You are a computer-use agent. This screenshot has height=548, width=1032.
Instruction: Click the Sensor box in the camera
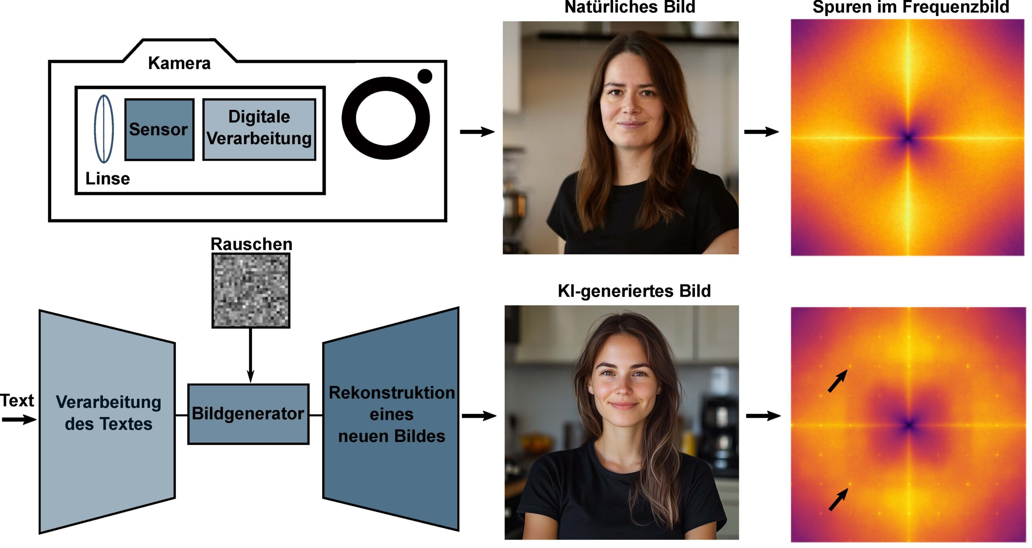pos(159,129)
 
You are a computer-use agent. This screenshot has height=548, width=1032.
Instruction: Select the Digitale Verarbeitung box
pos(259,129)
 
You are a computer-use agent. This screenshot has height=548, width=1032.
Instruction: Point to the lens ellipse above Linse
pos(104,129)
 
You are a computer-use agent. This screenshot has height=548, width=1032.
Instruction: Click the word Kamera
pos(179,63)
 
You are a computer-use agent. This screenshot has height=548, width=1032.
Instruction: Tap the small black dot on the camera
pos(424,76)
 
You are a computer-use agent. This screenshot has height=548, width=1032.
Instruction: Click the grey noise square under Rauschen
pos(251,290)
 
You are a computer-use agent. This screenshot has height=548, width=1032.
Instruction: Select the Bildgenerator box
pos(248,414)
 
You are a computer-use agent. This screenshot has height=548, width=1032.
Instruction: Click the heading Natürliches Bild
pos(630,7)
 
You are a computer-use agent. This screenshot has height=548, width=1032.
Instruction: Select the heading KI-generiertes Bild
pos(634,291)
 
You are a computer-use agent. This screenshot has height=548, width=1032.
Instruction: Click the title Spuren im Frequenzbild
pos(911,7)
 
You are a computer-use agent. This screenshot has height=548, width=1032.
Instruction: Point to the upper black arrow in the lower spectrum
pos(837,381)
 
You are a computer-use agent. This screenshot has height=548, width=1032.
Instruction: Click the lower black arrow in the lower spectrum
pos(838,500)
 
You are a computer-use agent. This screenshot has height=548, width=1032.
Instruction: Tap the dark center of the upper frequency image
pos(908,138)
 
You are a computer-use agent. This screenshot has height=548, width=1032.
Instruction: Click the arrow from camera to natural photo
pos(477,131)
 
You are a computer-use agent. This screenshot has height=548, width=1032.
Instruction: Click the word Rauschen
pos(251,244)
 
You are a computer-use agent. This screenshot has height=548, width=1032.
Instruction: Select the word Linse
pos(108,179)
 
